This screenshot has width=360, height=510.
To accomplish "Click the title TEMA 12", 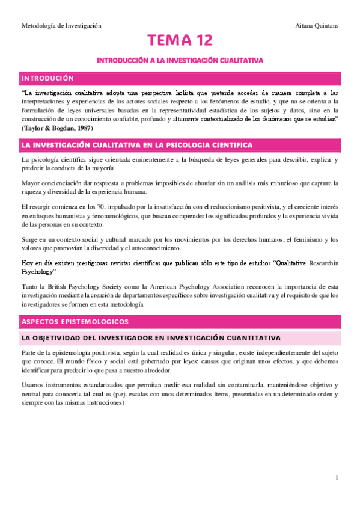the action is coord(180,41).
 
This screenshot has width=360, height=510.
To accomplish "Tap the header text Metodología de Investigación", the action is coord(61,26).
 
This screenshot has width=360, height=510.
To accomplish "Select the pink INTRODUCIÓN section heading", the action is coord(47,78).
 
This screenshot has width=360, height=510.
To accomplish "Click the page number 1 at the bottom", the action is coord(338,478).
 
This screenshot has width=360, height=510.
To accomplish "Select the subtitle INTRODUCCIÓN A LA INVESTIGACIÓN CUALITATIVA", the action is coord(180,61).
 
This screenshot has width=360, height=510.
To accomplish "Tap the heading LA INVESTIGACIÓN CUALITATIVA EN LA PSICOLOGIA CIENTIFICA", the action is coord(136,146).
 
